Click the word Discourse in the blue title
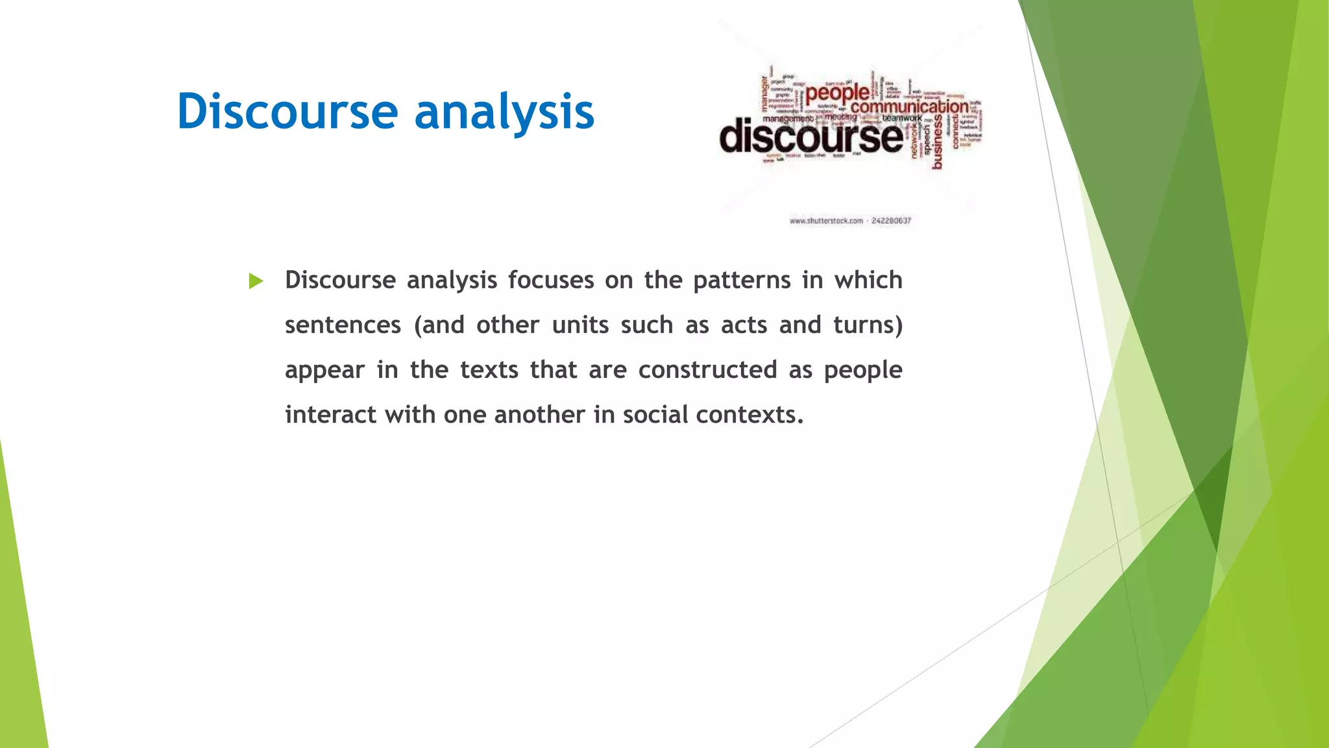(287, 112)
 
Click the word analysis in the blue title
(504, 112)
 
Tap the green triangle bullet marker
(256, 281)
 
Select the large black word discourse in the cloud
(811, 137)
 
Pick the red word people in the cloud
(837, 94)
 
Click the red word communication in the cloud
(909, 106)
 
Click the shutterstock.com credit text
(826, 221)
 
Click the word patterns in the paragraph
(742, 280)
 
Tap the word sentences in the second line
(343, 325)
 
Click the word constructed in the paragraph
(707, 370)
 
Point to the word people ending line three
(862, 370)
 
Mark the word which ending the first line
(868, 280)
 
